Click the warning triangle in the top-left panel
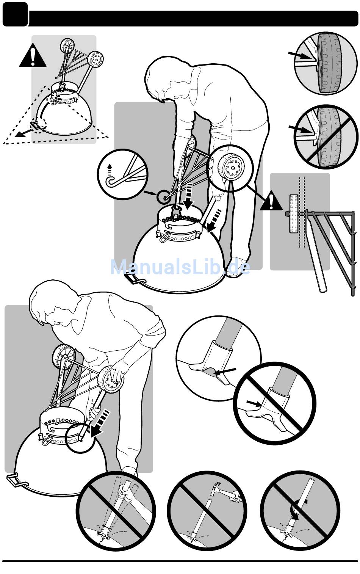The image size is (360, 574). (x=33, y=56)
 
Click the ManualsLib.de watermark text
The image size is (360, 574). (x=180, y=267)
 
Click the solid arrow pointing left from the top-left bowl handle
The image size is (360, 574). (x=24, y=133)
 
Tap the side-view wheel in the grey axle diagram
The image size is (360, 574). (x=294, y=214)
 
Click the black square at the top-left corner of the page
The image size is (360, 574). (x=15, y=14)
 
